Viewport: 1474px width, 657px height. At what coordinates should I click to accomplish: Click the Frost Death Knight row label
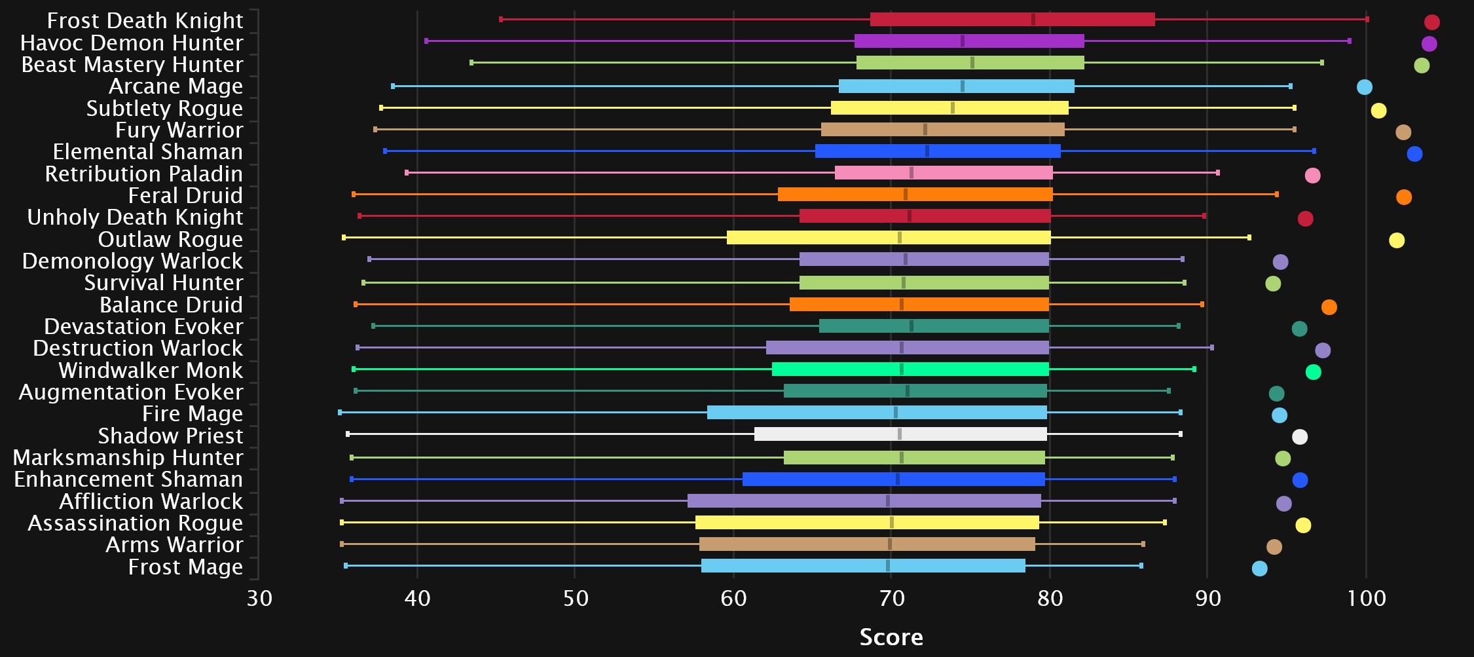(x=145, y=21)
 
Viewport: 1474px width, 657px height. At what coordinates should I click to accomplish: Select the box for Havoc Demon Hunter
(x=969, y=41)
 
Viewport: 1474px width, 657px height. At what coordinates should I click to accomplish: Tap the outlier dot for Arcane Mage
(x=1364, y=87)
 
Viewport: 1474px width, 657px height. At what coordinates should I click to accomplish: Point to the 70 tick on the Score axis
(x=892, y=598)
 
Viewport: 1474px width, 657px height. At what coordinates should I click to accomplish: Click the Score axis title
(x=891, y=637)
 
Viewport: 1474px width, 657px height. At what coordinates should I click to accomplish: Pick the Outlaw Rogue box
(x=889, y=238)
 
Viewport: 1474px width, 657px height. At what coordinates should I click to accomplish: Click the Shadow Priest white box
(x=900, y=434)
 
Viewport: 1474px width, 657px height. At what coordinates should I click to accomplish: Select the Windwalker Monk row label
(x=151, y=370)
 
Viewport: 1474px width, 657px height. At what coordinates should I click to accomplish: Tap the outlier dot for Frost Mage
(x=1259, y=569)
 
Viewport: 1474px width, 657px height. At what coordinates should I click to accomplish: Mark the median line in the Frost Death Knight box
(x=1033, y=20)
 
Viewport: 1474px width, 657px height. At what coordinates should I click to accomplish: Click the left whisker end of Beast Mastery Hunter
(x=471, y=63)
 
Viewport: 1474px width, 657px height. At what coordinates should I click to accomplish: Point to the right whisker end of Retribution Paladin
(x=1217, y=173)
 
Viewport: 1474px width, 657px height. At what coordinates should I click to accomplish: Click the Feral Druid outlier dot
(x=1403, y=197)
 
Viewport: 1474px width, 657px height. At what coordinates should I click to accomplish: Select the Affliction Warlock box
(x=864, y=501)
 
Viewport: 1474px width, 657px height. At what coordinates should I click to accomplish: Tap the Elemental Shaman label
(x=147, y=152)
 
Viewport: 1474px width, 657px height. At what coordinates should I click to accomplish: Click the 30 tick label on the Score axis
(x=259, y=598)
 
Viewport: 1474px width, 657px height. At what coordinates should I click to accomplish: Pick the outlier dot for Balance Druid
(x=1329, y=307)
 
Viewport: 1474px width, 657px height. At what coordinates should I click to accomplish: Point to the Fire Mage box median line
(x=896, y=413)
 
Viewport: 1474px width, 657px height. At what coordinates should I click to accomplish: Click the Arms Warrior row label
(x=174, y=545)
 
